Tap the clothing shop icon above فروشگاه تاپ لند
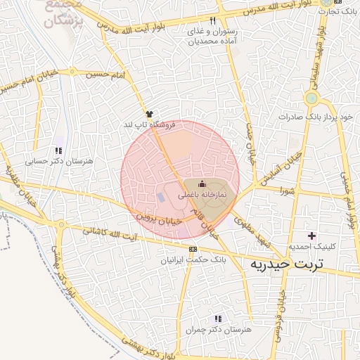pyautogui.click(x=148, y=113)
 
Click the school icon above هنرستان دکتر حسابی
pyautogui.click(x=58, y=150)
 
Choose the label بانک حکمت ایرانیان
pyautogui.click(x=193, y=260)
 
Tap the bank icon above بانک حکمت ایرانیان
pyautogui.click(x=193, y=249)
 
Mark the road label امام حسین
pyautogui.click(x=106, y=73)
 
